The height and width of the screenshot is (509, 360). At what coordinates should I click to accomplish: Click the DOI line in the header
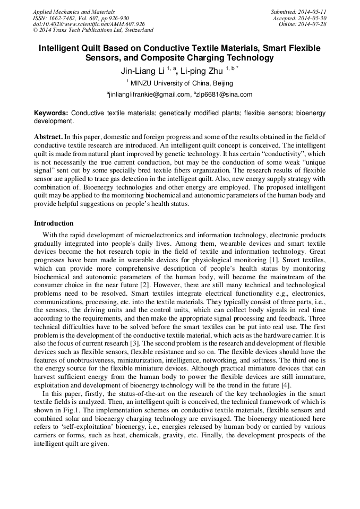(88, 24)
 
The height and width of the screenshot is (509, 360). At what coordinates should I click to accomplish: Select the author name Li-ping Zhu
(202, 70)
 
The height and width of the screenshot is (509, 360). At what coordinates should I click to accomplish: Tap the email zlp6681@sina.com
(225, 94)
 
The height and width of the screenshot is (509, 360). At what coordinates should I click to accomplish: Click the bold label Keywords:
(51, 113)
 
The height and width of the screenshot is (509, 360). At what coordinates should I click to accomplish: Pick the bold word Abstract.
(48, 136)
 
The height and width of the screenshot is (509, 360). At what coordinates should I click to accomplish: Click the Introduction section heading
(54, 223)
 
